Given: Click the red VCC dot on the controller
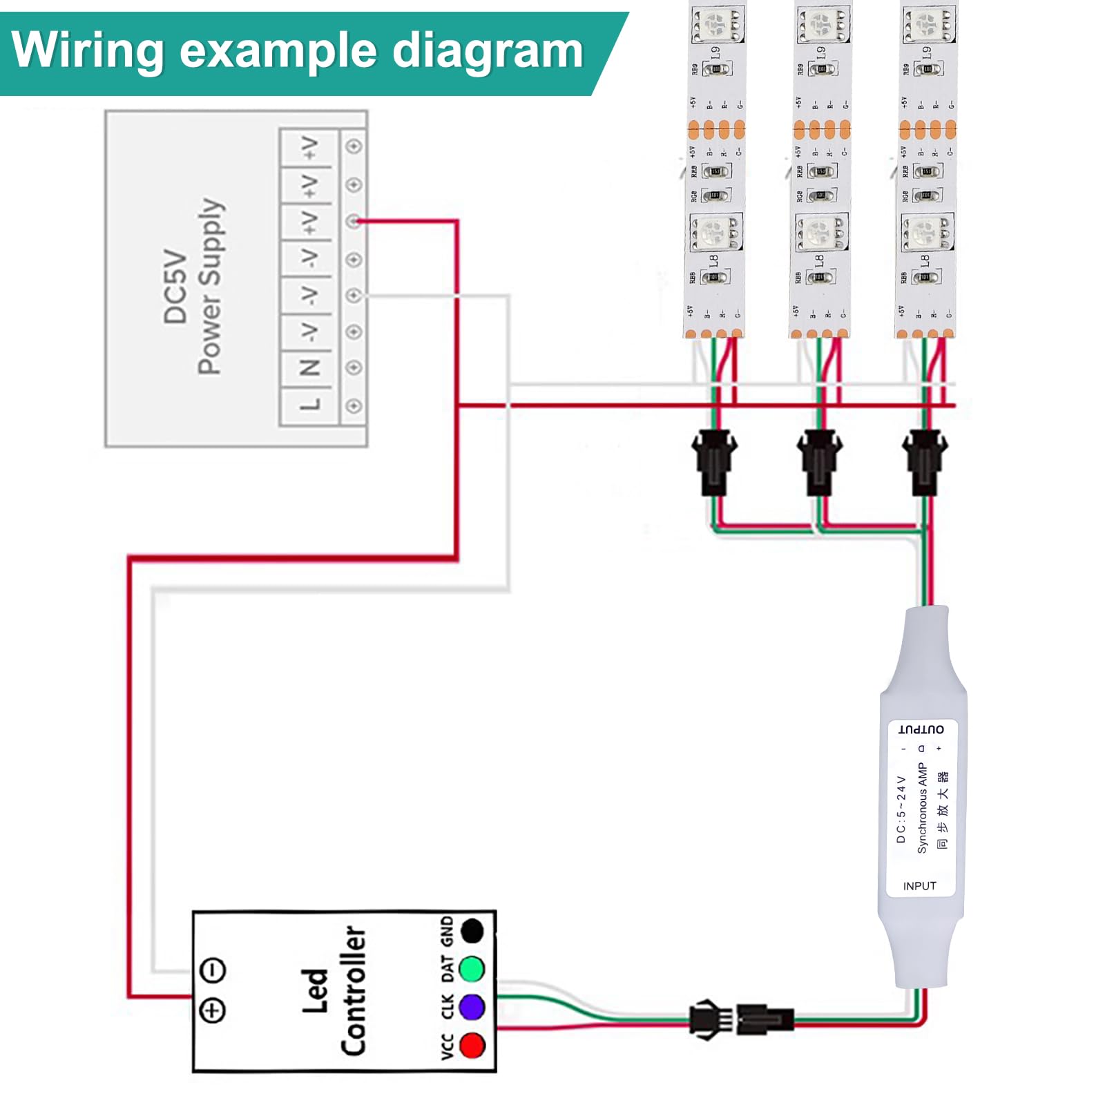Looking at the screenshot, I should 472,1044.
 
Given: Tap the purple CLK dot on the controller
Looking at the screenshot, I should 472,1006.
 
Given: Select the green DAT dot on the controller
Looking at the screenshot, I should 472,969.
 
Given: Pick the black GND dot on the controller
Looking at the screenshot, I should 472,931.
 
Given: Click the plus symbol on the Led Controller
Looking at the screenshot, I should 213,1010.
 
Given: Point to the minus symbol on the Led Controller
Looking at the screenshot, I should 213,970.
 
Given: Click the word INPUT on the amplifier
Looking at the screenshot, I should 919,886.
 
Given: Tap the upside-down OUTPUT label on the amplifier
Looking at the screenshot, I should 921,729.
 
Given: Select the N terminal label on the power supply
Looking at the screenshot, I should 310,367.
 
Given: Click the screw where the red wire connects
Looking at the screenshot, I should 354,221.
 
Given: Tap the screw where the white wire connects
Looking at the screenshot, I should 354,296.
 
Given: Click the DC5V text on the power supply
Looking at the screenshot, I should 175,287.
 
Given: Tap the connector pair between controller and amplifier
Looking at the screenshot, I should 741,1018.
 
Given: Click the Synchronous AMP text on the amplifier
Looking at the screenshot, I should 922,808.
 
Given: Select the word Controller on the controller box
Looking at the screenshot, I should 353,990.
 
